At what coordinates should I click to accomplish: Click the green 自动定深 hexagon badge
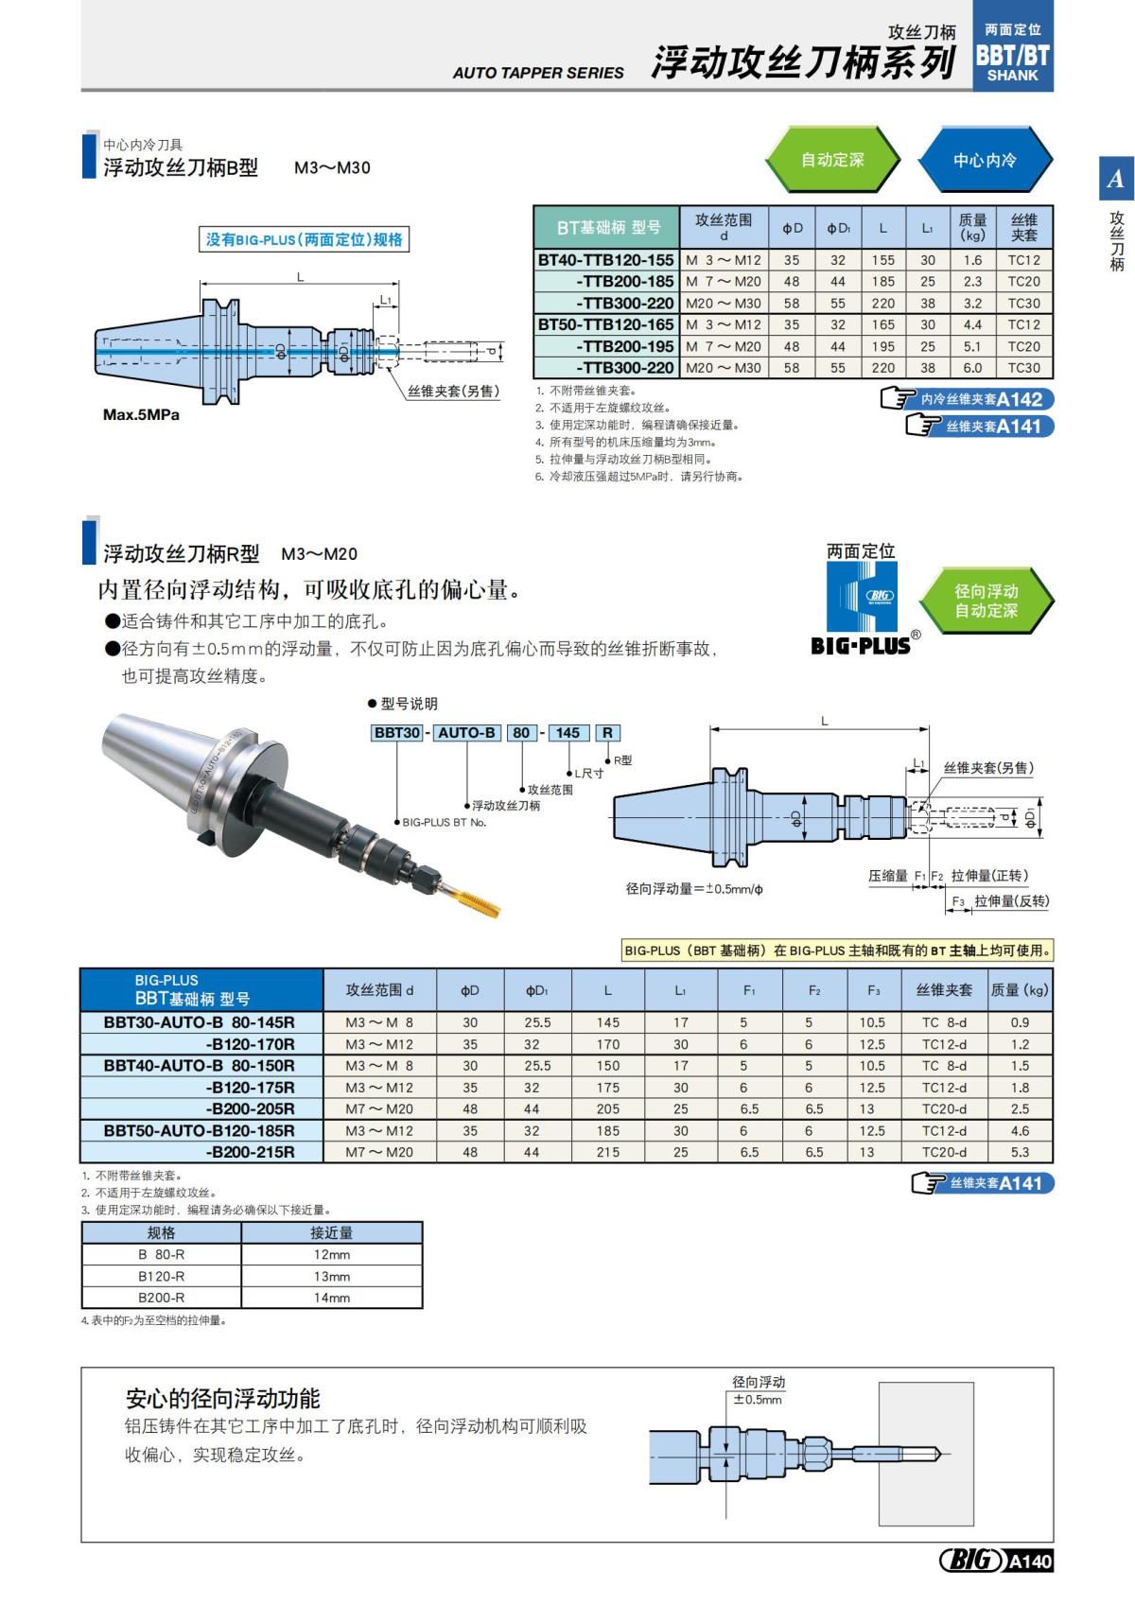pos(831,160)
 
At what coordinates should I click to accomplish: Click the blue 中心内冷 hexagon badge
pos(985,160)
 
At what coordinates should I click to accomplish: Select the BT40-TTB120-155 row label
pos(606,260)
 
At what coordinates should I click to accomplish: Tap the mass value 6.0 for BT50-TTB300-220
pos(972,368)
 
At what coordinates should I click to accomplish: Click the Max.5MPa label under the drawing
pos(141,414)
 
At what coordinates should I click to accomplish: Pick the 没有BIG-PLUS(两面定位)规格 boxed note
pos(305,239)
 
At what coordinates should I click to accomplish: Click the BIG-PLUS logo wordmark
pos(861,646)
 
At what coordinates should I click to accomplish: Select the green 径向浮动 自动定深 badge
pos(986,601)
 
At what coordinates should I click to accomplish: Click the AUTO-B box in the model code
pos(466,733)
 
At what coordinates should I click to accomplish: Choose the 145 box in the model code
pos(567,733)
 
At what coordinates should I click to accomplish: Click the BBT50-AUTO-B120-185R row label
pos(200,1130)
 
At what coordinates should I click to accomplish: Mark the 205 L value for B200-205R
pos(607,1108)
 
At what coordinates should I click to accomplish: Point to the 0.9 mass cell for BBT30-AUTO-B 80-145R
pos(1020,1022)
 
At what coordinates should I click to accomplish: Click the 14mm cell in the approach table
pos(332,1298)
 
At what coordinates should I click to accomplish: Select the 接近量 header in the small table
pos(332,1232)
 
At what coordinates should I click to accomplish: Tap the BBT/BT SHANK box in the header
pos(1012,55)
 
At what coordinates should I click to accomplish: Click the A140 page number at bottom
pos(1029,1561)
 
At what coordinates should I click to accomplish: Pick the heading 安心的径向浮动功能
pos(223,1399)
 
